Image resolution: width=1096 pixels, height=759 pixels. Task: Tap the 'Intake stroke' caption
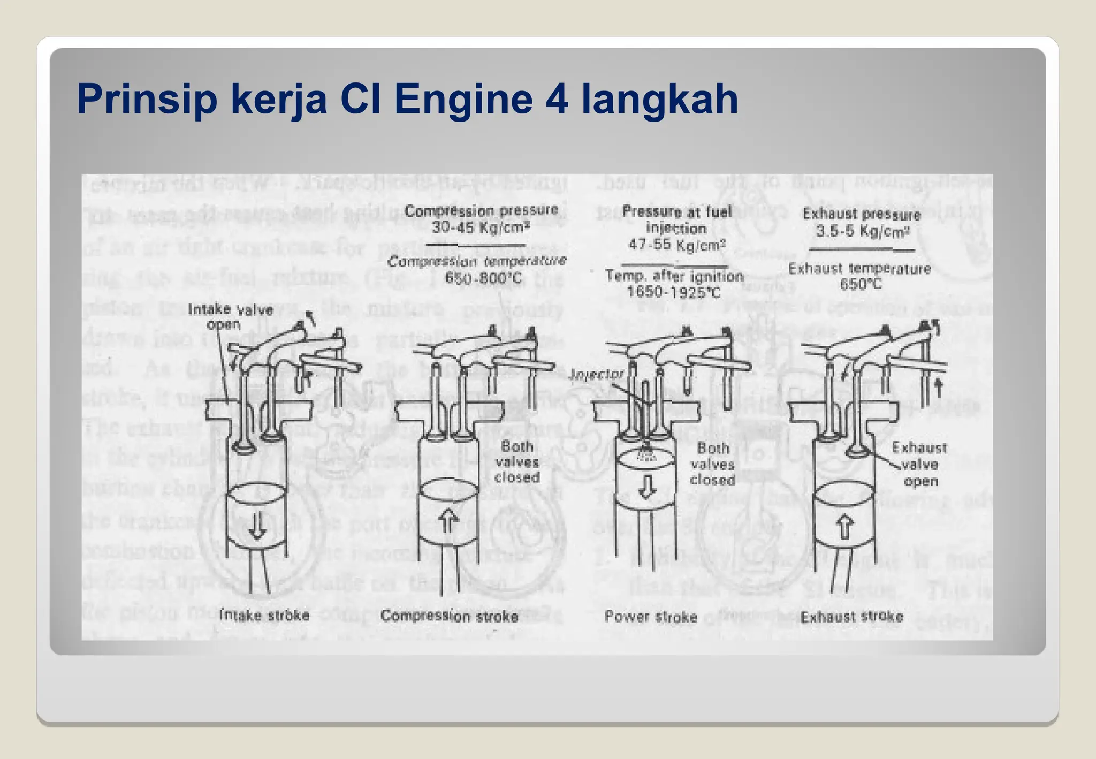(264, 615)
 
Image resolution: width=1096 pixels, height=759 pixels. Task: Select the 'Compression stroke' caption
(449, 616)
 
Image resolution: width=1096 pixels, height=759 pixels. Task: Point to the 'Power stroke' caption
(651, 617)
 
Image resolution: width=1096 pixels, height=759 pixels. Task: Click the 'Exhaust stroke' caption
(851, 617)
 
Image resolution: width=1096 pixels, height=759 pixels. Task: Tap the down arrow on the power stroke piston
(648, 486)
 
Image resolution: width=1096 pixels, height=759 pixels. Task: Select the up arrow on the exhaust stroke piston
(844, 527)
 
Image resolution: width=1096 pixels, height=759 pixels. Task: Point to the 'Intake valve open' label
(230, 316)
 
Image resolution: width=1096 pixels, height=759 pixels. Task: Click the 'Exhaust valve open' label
(919, 464)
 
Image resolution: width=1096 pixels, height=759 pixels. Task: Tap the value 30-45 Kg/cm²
(481, 227)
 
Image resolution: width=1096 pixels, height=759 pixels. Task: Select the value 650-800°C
(483, 278)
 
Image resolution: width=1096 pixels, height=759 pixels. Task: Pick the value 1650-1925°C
(673, 292)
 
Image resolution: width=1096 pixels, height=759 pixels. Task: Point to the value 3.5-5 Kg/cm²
(862, 231)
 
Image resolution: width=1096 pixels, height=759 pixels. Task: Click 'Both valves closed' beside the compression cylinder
(517, 461)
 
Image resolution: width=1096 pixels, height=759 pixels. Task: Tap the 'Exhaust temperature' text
(859, 268)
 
